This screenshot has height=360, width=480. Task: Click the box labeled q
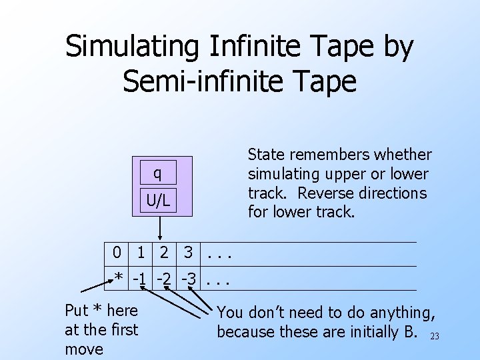coord(157,173)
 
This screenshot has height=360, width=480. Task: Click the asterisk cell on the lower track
coord(118,278)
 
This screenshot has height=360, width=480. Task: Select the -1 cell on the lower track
coord(140,278)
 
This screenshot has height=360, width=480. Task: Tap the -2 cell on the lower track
coord(164,278)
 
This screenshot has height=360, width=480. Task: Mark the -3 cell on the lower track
coord(188,278)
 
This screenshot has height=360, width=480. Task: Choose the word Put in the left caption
coord(77,310)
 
